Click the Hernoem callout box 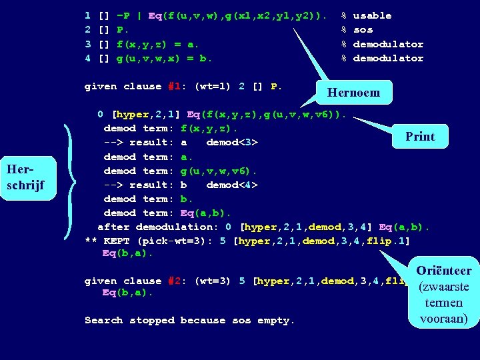coord(354,93)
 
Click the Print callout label coord(420,137)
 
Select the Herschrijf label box coord(25,177)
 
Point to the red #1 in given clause coord(175,87)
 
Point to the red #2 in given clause coord(175,281)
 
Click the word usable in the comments coord(372,15)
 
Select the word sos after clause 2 coord(363,30)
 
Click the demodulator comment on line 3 coord(388,44)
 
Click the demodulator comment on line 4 coord(388,58)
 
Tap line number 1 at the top coord(87,15)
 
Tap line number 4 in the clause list coord(87,58)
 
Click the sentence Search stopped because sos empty coord(189,321)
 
